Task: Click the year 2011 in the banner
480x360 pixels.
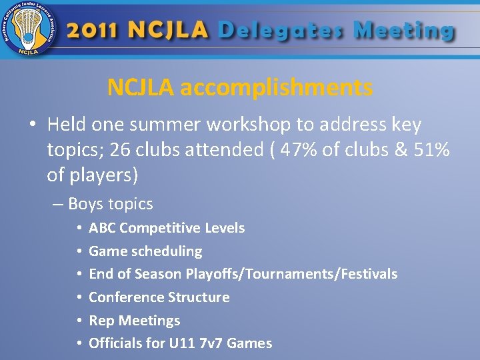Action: [93, 31]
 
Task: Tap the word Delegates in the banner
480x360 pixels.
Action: [281, 31]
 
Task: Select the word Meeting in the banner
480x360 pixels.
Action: [404, 31]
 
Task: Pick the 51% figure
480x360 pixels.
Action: [431, 150]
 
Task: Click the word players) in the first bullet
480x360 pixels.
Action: [103, 175]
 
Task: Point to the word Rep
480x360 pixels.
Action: [101, 321]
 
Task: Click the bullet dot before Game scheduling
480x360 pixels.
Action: [79, 251]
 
